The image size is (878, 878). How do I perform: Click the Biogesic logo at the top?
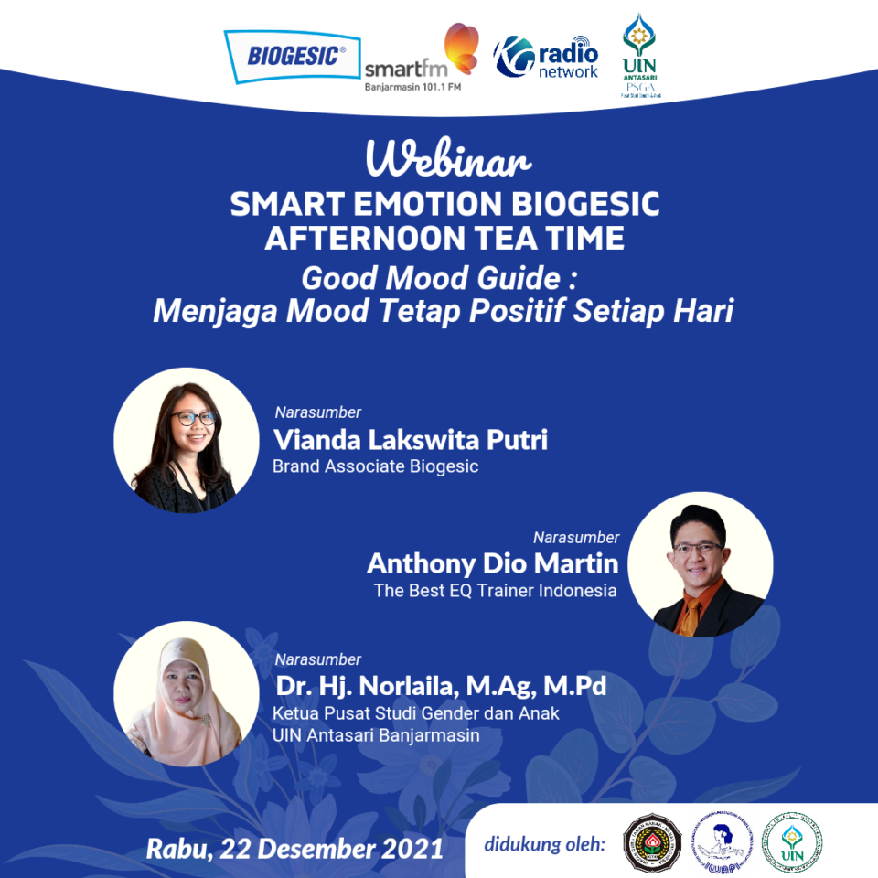[291, 55]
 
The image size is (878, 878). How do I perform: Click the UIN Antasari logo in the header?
[641, 55]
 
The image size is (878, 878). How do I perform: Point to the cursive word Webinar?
[448, 161]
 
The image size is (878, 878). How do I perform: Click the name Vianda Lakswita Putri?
[411, 440]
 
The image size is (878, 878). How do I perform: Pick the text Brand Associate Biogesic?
[375, 466]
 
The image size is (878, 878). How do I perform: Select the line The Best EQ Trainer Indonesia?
[495, 590]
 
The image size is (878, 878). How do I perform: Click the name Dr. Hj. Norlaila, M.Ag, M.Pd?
[440, 686]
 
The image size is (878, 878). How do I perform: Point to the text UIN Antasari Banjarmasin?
[376, 734]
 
